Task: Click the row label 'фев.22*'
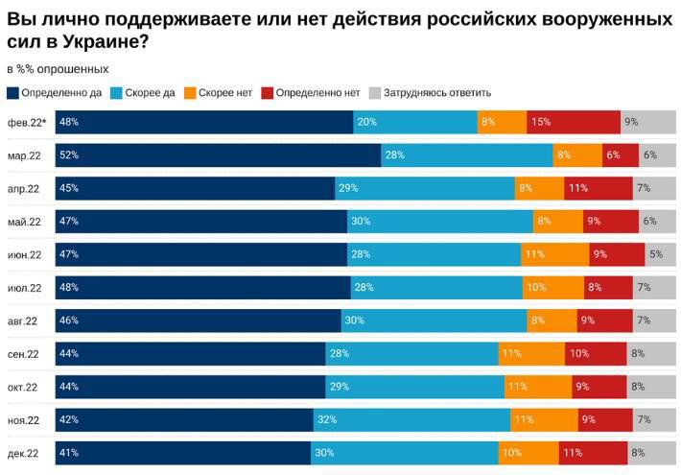point(27,122)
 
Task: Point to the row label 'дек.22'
point(23,453)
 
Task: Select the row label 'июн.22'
point(24,254)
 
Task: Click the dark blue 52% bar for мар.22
point(218,155)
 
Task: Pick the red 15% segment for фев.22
point(574,122)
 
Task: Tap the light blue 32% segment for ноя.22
point(411,420)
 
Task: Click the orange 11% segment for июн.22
point(554,254)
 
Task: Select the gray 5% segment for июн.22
point(660,254)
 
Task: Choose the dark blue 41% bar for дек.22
point(182,453)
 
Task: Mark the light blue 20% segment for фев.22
point(415,122)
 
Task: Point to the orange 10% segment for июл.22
point(552,288)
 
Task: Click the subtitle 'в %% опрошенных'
point(58,69)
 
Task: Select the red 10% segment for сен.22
point(596,354)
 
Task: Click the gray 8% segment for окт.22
point(652,388)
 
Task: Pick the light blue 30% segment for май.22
point(439,222)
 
